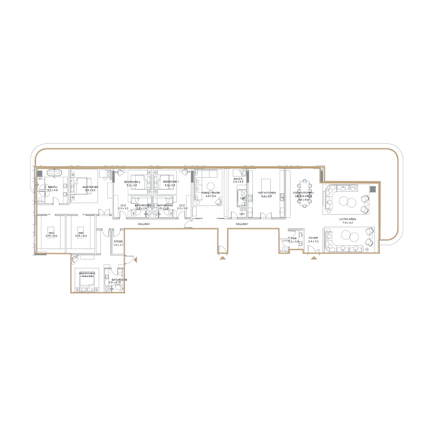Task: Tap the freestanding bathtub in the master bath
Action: (55, 173)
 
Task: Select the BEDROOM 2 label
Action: (132, 182)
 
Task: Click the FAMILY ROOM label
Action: (210, 193)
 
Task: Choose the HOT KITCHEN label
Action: (267, 193)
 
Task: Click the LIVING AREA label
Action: (348, 219)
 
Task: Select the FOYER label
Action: (313, 238)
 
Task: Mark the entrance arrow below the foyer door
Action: (313, 259)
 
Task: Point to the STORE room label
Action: (118, 241)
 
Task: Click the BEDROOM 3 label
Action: (87, 273)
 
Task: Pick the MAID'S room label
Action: (238, 178)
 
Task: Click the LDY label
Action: (242, 214)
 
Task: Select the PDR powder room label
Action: (293, 239)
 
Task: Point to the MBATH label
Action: (53, 187)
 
